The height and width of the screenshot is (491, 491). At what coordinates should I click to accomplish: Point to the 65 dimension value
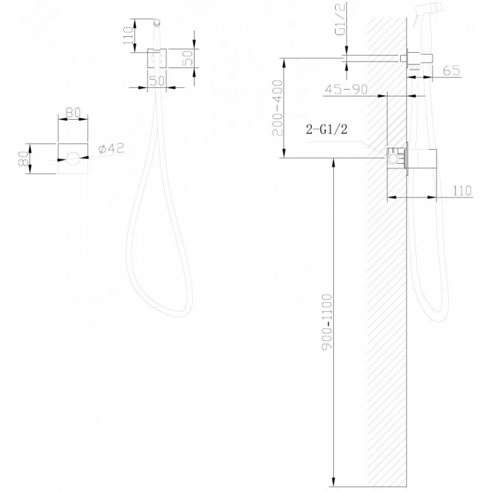tap(451, 71)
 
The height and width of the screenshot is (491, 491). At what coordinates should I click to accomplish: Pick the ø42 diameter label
tap(112, 148)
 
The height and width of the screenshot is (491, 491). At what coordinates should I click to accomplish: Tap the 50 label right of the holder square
tap(188, 59)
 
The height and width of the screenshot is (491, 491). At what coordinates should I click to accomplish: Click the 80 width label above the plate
tap(73, 113)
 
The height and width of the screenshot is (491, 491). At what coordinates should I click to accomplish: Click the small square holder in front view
tap(157, 58)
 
